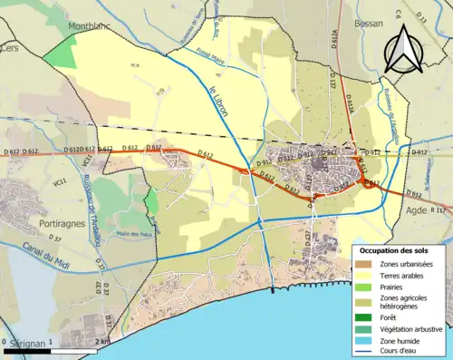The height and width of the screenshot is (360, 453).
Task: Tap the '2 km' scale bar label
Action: [105, 341]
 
